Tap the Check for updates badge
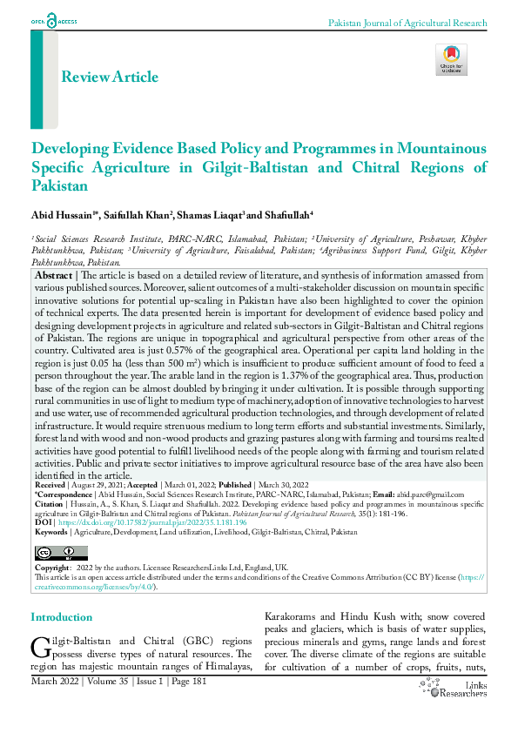(x=451, y=59)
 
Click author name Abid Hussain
(x=61, y=214)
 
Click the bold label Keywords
(x=51, y=531)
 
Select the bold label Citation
(x=49, y=502)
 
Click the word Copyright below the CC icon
(x=52, y=568)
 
